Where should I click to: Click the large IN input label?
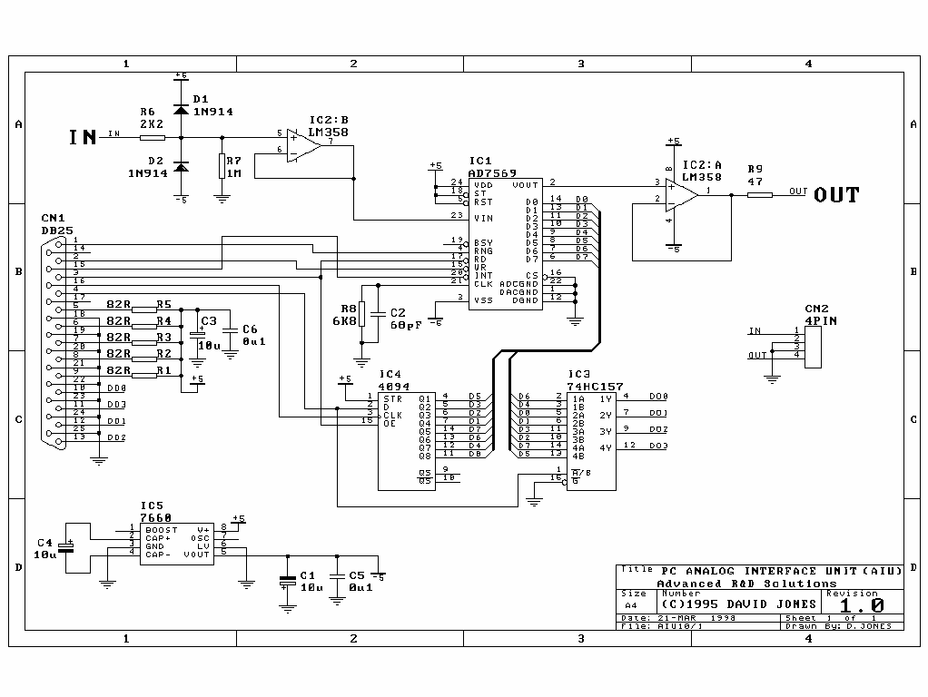click(x=83, y=137)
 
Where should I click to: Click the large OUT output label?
click(x=836, y=194)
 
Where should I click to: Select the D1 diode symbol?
click(x=181, y=109)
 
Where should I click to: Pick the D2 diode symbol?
click(x=181, y=167)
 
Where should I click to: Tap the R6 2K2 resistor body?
click(x=153, y=138)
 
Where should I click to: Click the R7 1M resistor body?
click(x=222, y=165)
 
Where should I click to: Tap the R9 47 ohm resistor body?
click(x=759, y=194)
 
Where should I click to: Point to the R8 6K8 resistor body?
click(x=362, y=314)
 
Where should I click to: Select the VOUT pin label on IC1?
click(x=525, y=184)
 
